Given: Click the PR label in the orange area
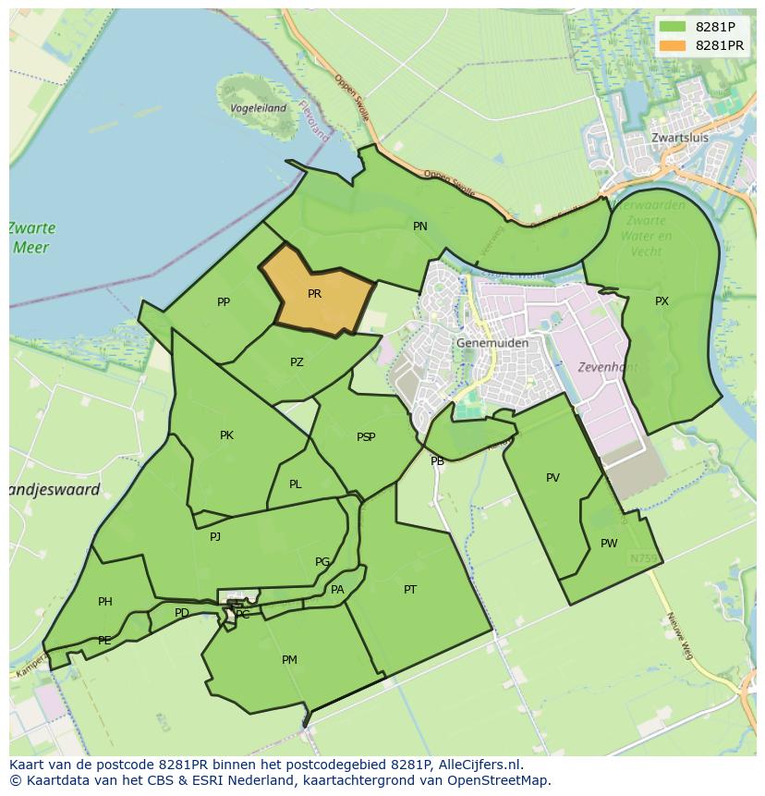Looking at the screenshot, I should [x=314, y=294].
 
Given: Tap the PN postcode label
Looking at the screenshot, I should [x=420, y=227].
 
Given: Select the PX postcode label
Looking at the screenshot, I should [x=662, y=301].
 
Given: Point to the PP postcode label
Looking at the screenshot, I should [x=224, y=302].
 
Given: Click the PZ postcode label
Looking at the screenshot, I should [x=297, y=362].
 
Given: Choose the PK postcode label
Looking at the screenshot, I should [x=226, y=435].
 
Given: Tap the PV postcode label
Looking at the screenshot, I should [x=552, y=478].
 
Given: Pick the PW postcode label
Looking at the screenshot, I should [x=609, y=544].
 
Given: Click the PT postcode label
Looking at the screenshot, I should [x=410, y=589].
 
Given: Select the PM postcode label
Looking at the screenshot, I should [x=289, y=660].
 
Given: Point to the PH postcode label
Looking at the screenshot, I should [x=105, y=602].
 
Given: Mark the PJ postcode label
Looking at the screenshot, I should [x=215, y=536].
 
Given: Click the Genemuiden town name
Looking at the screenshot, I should [x=492, y=343].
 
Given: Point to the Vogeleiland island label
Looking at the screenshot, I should [x=258, y=108].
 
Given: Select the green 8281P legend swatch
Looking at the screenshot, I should [x=673, y=27].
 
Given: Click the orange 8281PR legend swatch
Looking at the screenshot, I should [x=673, y=45].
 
